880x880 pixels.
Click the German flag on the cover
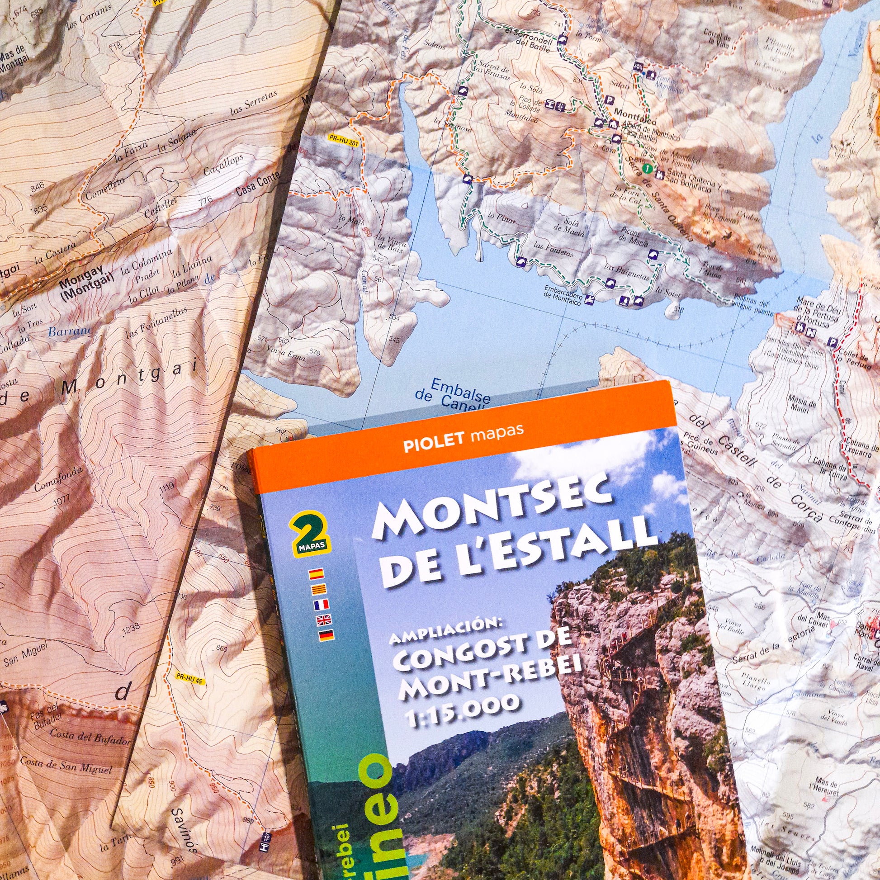point(326,635)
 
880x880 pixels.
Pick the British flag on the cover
point(325,620)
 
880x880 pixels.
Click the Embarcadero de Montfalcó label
point(563,293)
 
